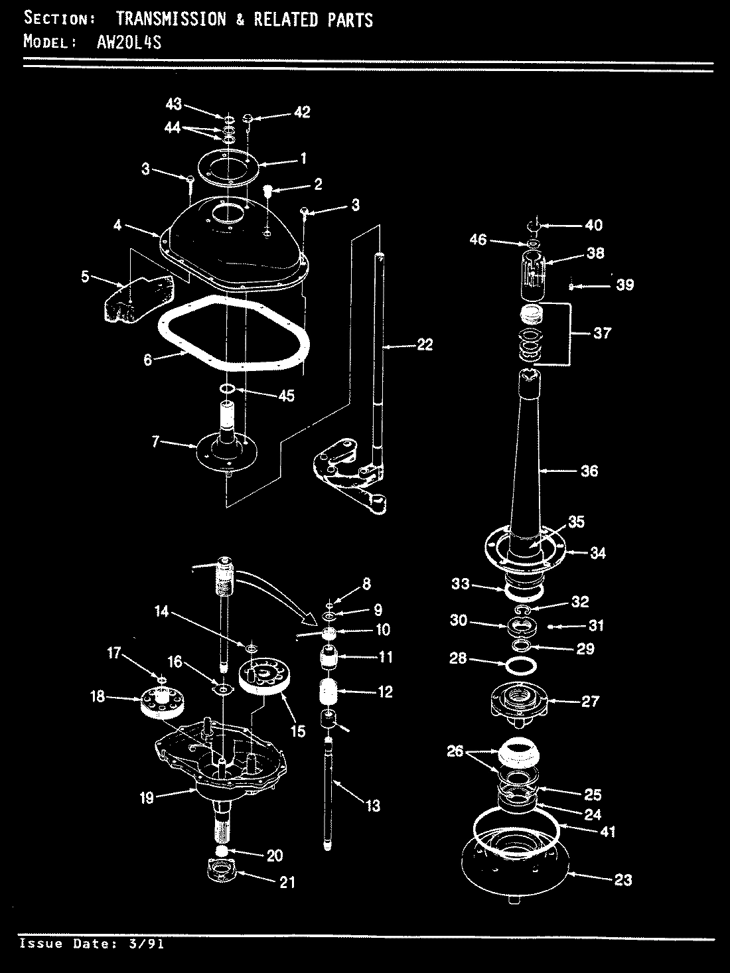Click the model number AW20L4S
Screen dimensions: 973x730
click(x=125, y=42)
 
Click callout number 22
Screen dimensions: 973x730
click(x=424, y=344)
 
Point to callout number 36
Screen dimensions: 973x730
click(x=589, y=471)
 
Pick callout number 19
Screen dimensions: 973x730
click(x=146, y=798)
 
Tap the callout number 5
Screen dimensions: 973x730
click(x=84, y=276)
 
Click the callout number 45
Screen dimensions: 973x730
click(x=287, y=396)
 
